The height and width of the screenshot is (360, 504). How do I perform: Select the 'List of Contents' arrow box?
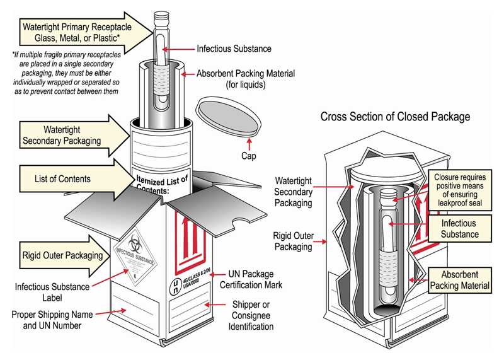point(63,179)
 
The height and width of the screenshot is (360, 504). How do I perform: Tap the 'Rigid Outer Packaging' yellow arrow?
point(63,255)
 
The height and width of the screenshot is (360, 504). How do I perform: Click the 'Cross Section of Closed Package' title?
point(395,117)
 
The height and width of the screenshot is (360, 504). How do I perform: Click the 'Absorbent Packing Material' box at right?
point(459,280)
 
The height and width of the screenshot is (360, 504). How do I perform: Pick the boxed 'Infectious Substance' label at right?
point(459,229)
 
